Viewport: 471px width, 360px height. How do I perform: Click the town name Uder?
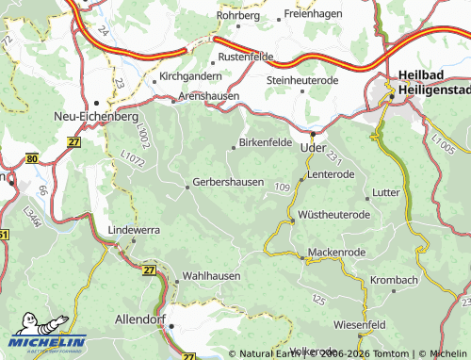[x=311, y=147]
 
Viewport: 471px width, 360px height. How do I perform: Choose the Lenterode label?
[x=331, y=174]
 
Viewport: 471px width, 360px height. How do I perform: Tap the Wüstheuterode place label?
[x=333, y=215]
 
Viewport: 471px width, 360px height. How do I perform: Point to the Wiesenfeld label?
[x=359, y=324]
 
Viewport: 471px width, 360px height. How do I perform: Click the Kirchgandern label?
[x=191, y=75]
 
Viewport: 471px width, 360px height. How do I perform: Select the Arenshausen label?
[x=209, y=96]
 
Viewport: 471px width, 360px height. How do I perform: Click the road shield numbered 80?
[x=32, y=159]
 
